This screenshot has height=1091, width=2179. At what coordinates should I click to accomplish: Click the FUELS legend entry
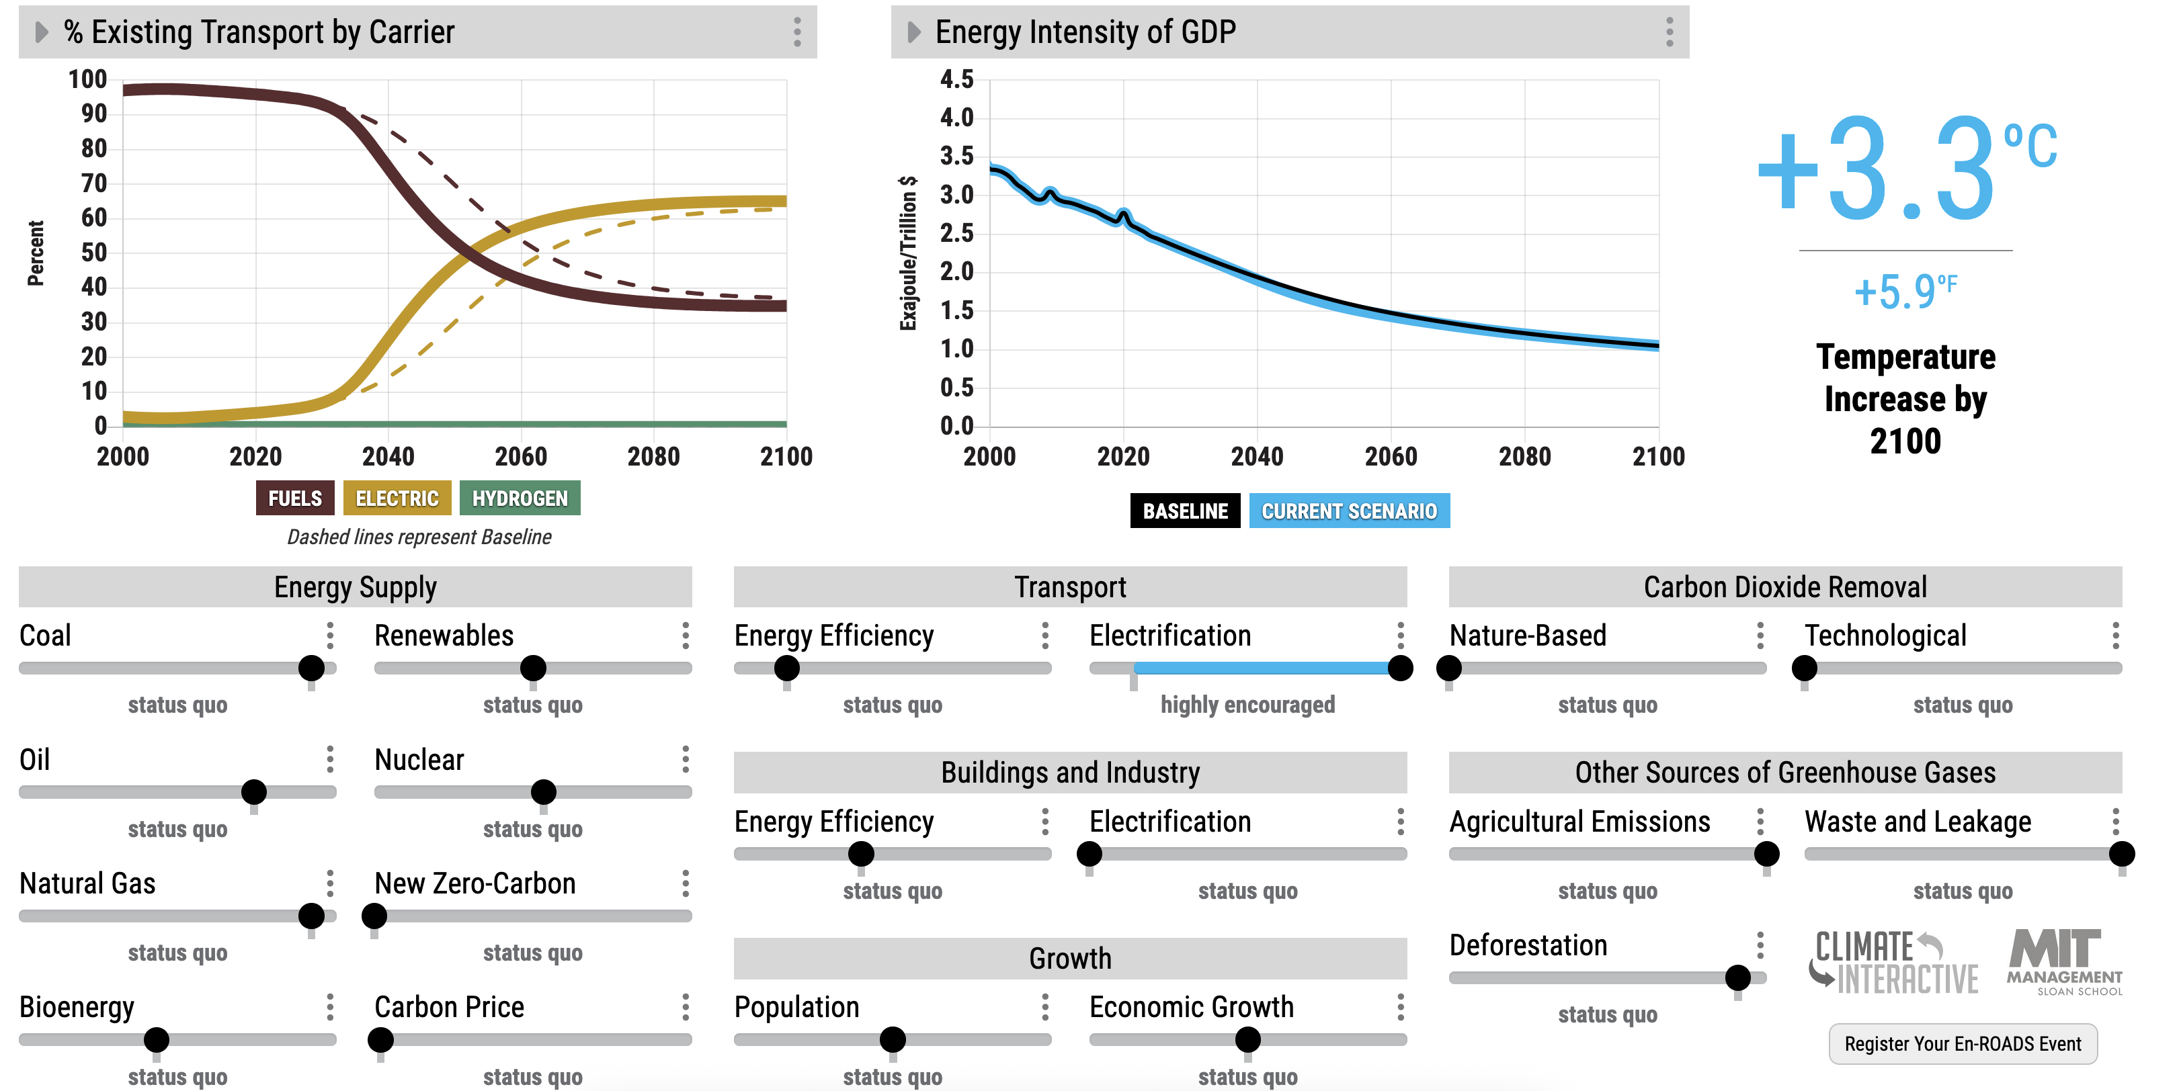click(x=294, y=498)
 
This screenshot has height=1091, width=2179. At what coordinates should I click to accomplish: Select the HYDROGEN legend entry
click(x=520, y=498)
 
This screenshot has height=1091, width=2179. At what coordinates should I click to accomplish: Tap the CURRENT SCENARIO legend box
click(x=1348, y=511)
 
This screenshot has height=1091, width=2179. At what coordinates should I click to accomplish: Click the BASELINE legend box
click(x=1184, y=511)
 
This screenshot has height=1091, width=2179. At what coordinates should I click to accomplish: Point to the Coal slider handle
click(x=311, y=668)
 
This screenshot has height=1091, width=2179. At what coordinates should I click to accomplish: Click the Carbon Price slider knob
click(x=380, y=1039)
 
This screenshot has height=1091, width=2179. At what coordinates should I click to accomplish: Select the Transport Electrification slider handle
click(x=1400, y=668)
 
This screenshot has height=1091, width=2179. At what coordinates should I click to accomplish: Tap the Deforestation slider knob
click(x=1737, y=977)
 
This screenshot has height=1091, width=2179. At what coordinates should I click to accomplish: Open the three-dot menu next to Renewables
click(x=685, y=635)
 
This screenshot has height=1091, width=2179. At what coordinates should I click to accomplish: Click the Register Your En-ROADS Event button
click(x=1963, y=1044)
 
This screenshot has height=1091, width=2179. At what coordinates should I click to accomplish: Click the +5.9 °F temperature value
click(x=1905, y=292)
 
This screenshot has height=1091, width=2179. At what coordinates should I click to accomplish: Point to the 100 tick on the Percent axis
click(x=87, y=79)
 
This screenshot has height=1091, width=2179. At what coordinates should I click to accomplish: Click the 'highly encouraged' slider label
click(x=1247, y=705)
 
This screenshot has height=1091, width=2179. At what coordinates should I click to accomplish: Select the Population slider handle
click(x=893, y=1039)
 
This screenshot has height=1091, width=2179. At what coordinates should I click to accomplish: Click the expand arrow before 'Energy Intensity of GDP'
click(x=913, y=32)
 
